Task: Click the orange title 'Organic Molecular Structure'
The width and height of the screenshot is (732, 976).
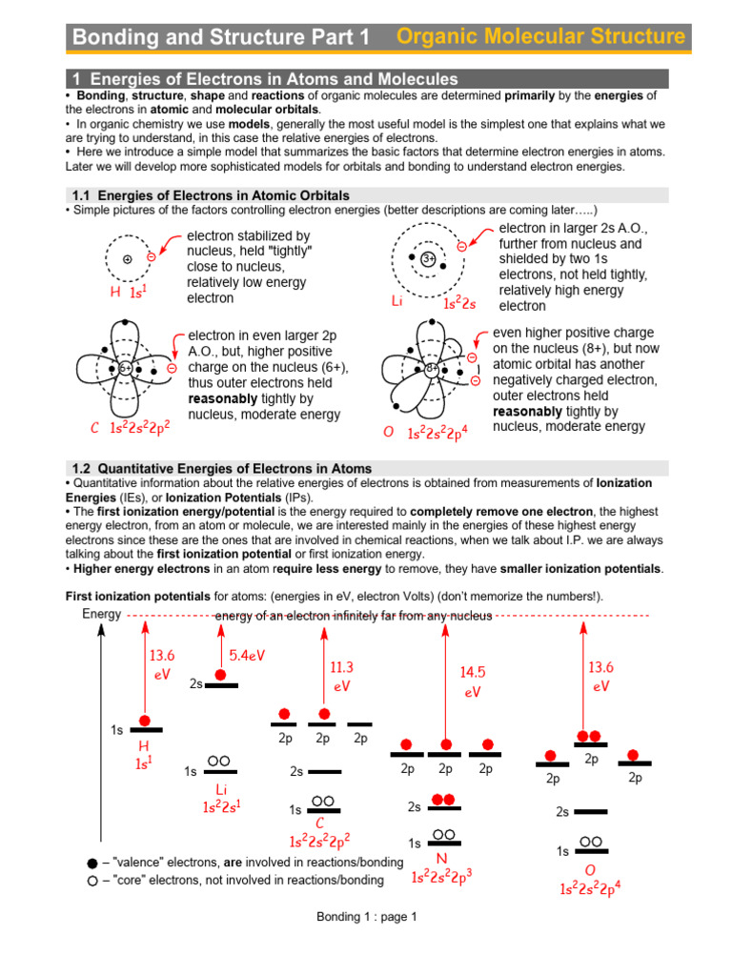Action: point(539,37)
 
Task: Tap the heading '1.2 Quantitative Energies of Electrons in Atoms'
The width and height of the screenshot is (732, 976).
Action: point(222,469)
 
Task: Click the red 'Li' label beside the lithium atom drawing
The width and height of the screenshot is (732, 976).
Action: point(398,301)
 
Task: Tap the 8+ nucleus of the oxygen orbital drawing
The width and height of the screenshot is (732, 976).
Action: point(432,368)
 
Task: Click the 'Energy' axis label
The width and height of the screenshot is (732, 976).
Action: point(102,614)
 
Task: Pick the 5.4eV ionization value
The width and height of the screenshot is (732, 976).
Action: point(247,656)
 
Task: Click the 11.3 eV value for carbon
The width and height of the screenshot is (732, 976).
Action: point(341,676)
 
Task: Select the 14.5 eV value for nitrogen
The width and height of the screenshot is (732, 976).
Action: point(473,682)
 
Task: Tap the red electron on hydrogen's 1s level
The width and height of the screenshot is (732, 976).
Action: point(145,721)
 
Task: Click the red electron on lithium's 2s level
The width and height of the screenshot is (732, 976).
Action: point(221,675)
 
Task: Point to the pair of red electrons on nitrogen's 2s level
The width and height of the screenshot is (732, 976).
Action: point(443,799)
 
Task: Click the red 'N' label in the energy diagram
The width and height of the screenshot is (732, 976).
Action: point(442,859)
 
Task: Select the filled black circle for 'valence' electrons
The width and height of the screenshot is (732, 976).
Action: point(91,862)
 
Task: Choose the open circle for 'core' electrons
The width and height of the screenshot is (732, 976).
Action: point(91,881)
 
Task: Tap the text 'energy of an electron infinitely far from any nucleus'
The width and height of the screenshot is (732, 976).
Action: point(353,616)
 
